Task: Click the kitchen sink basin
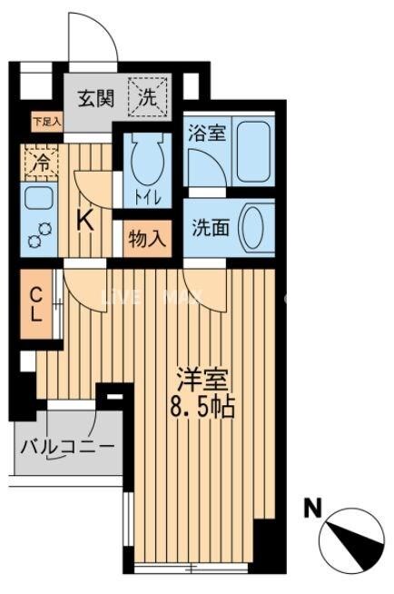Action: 38,201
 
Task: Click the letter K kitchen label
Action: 85,221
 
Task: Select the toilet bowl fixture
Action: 143,158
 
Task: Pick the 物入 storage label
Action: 147,239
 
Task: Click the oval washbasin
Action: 256,228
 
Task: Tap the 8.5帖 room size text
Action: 201,406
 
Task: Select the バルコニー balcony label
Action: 68,448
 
